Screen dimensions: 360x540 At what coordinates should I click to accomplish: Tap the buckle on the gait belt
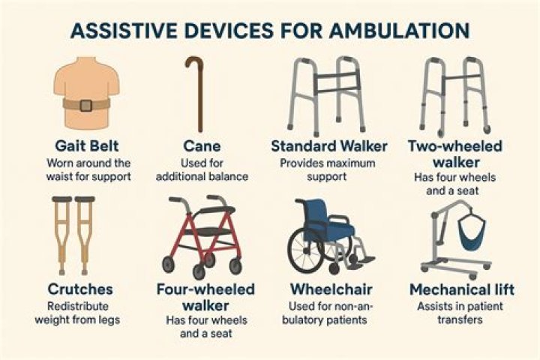pyautogui.click(x=85, y=105)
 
